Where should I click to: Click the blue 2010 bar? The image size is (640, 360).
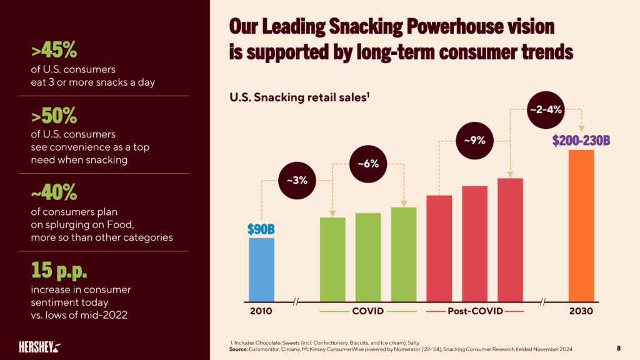[261, 269]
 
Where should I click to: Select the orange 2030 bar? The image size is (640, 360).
[581, 225]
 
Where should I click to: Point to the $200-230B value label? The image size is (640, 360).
[581, 140]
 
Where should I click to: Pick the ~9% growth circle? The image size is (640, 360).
[474, 141]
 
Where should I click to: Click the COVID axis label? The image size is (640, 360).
[367, 311]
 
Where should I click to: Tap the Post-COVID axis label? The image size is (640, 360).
[474, 311]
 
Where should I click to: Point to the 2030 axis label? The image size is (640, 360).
[581, 311]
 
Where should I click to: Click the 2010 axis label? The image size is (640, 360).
[261, 311]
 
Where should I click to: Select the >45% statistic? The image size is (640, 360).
[54, 50]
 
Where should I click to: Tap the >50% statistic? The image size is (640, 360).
[54, 116]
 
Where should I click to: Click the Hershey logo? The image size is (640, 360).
[39, 346]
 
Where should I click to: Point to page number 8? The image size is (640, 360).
[619, 347]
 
